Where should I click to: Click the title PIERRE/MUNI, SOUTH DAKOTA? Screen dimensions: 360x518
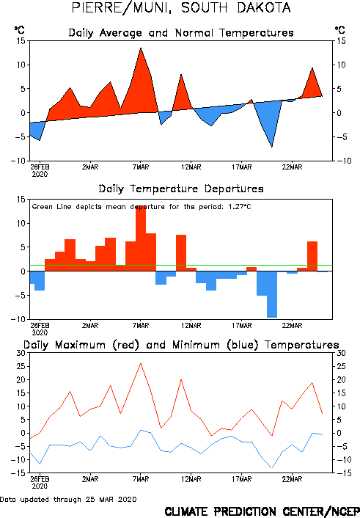(181, 8)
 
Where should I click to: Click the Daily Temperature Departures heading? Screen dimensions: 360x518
(181, 189)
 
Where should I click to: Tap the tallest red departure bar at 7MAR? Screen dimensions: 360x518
(141, 238)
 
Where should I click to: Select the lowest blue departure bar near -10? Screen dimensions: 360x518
(272, 294)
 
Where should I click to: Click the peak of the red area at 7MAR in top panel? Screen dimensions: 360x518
(141, 48)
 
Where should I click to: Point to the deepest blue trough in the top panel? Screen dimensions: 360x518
(272, 146)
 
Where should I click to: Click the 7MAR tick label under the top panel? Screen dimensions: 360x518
(141, 167)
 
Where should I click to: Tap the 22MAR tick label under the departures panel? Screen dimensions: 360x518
(292, 326)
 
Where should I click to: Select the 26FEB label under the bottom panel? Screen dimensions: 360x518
(40, 483)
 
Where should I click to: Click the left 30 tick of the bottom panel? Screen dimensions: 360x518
(21, 353)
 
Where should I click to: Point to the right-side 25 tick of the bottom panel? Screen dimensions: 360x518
(341, 366)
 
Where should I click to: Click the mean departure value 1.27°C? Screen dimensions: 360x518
(240, 207)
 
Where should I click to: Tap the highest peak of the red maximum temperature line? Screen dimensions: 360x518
(141, 363)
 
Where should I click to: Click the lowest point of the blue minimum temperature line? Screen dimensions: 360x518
(272, 468)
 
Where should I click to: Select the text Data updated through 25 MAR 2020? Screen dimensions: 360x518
(68, 499)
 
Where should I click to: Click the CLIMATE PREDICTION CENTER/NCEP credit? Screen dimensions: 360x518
(262, 511)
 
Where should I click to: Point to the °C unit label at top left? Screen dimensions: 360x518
(20, 30)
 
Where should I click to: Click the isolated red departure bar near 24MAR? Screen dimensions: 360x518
(312, 256)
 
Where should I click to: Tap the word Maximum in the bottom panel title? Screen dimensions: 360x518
(80, 345)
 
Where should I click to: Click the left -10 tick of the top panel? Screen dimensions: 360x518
(18, 161)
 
